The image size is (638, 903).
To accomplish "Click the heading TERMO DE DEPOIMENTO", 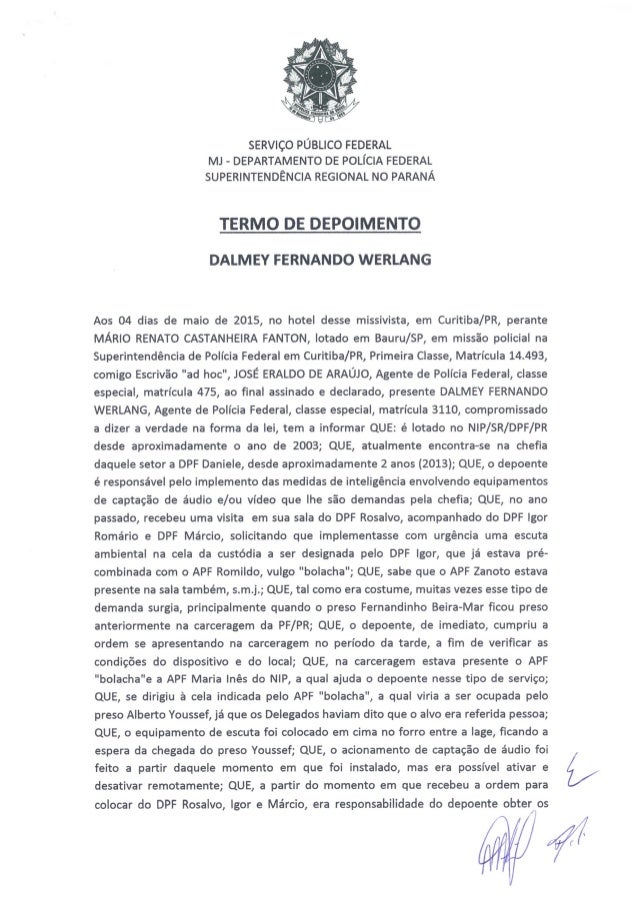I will tap(319, 221).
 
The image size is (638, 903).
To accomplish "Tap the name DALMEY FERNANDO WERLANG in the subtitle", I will tap(319, 262).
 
